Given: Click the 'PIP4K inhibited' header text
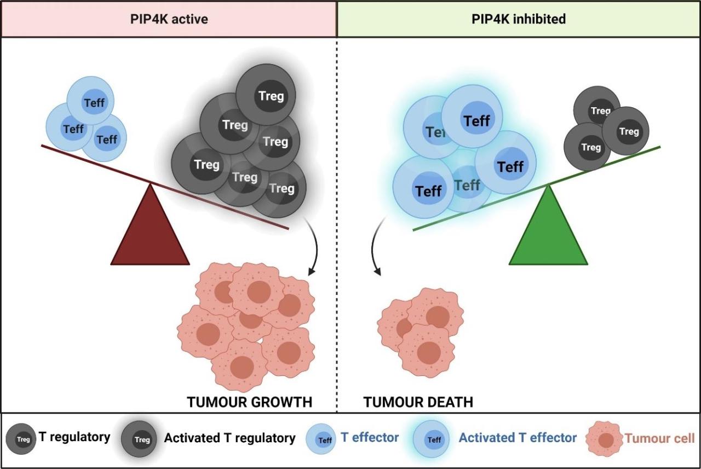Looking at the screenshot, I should tap(519, 19).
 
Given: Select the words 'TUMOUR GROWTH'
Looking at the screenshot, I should tap(249, 402).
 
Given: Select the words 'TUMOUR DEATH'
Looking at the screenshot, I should tap(418, 402).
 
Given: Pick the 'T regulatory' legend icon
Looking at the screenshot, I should tap(21, 439).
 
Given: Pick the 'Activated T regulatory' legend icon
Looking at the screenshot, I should tap(141, 439).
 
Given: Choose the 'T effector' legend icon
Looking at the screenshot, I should tap(324, 439).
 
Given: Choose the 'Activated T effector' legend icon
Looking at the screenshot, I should tap(434, 439).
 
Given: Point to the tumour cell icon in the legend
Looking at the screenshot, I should tap(605, 439).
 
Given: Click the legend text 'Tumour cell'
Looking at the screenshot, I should tap(659, 438).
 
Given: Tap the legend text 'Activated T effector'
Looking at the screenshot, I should tap(518, 438).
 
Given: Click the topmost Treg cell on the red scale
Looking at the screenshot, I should tap(266, 96).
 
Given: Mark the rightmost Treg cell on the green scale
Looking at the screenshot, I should tap(626, 131).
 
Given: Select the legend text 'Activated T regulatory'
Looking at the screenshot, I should tap(229, 438).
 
